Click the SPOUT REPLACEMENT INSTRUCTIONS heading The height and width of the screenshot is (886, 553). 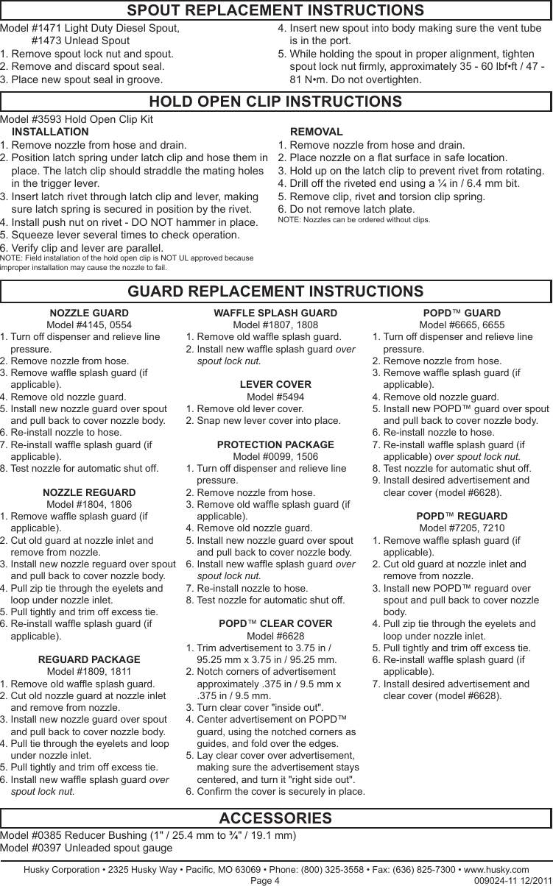275,10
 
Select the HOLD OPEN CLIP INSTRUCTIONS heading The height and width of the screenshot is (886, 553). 275,102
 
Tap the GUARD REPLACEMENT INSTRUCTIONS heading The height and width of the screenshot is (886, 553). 275,292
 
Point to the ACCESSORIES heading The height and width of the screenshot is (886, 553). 275,818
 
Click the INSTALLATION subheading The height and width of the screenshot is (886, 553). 51,132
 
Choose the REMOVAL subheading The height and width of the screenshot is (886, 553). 317,132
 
